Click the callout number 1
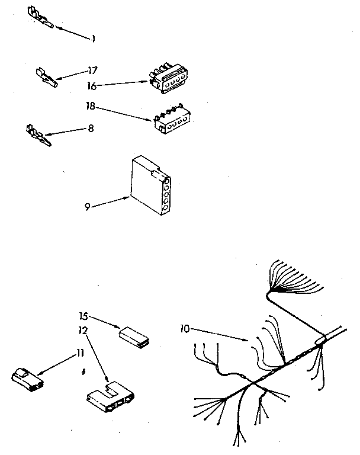click(x=93, y=39)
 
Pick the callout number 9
click(x=87, y=206)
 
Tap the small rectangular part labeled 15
click(x=134, y=336)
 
